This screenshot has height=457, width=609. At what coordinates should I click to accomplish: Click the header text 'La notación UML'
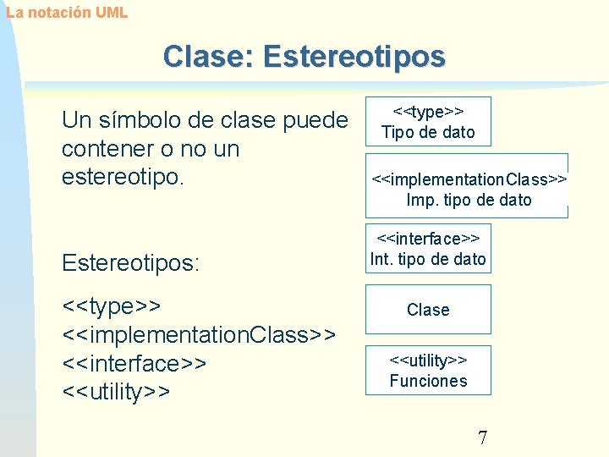[x=66, y=13]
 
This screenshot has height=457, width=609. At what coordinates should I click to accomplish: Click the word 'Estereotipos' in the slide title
[x=354, y=57]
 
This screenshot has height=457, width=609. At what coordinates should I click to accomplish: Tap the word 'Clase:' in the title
[x=209, y=57]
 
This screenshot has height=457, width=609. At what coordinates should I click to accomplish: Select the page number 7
[x=482, y=438]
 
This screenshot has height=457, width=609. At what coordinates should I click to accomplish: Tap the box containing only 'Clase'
[x=428, y=310]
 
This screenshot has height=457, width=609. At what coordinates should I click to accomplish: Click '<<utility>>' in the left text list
[x=117, y=392]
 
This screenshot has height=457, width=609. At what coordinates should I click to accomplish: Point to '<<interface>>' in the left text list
[x=134, y=363]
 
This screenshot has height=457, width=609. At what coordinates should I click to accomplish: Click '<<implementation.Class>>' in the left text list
[x=200, y=334]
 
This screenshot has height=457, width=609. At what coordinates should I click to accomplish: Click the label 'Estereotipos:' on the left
[x=131, y=263]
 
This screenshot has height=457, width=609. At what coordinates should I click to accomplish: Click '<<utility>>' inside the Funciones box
[x=428, y=361]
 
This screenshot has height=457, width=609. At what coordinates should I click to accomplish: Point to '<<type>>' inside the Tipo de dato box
[x=428, y=112]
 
